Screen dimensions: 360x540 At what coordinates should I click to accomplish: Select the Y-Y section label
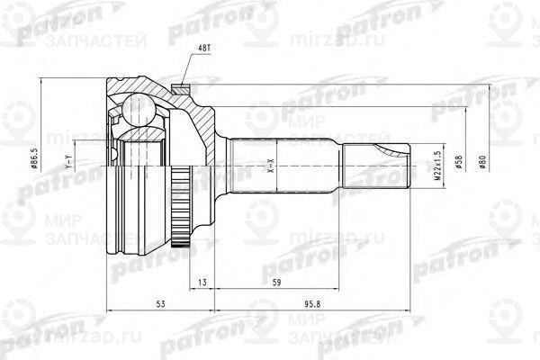[x=69, y=165]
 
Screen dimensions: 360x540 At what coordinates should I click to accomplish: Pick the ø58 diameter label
[x=458, y=165]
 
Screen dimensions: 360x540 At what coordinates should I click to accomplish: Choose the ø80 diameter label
[x=484, y=165]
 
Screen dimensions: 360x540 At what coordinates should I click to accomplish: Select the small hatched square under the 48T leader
[x=181, y=86]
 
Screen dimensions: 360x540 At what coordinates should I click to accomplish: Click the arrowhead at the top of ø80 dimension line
[x=487, y=88]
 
